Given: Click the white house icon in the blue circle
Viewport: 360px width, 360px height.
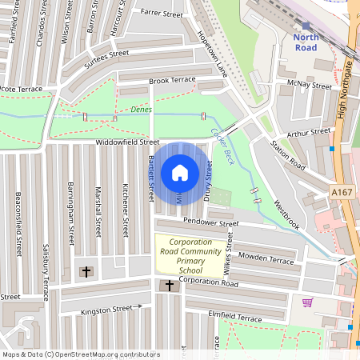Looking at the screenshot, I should [x=179, y=172].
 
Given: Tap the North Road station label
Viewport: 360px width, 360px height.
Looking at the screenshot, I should [x=306, y=42].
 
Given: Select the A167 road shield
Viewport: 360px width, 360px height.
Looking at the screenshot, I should [x=341, y=193].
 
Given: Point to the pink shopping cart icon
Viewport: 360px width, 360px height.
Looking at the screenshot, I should [x=307, y=302].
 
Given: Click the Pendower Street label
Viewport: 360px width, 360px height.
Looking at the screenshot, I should [x=211, y=221].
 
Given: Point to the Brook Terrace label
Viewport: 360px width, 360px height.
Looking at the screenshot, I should [x=172, y=81].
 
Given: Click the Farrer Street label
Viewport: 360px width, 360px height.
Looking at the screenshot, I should [x=162, y=12].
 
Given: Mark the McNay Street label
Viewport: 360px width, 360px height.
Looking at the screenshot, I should [x=311, y=85].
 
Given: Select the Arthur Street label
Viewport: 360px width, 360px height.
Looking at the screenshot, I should [x=309, y=131].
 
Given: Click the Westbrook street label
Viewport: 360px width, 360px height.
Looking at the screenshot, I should [x=286, y=214].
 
